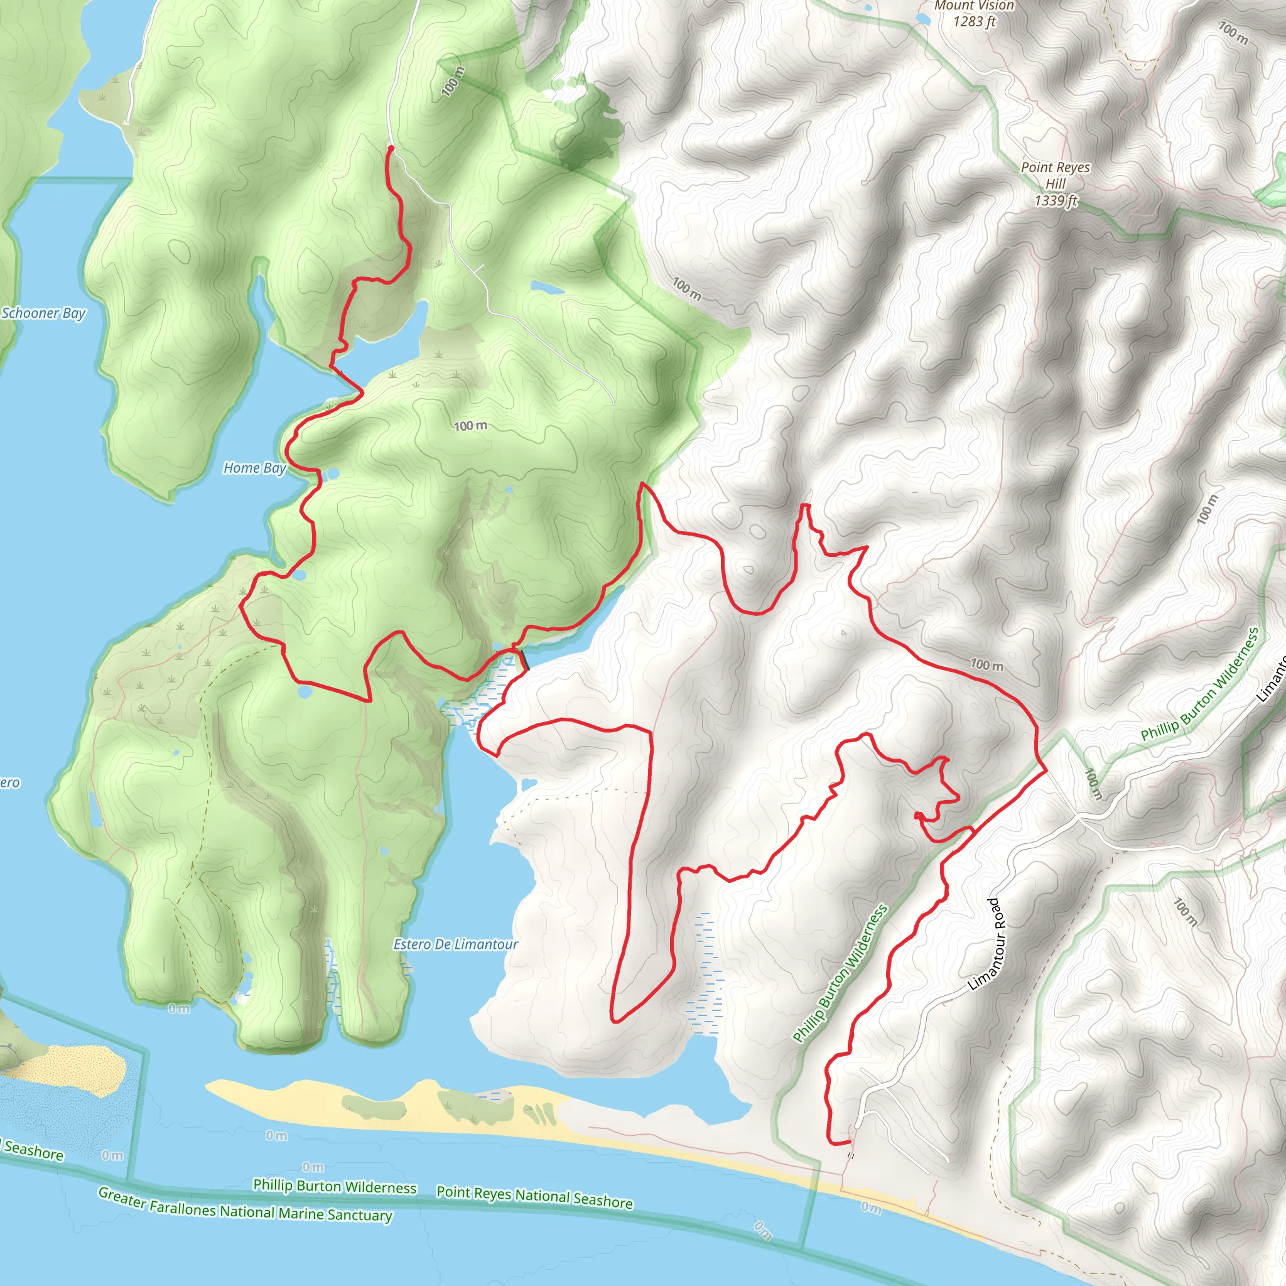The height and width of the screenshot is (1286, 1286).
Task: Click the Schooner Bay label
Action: [43, 313]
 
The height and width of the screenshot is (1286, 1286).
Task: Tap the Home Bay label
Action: [254, 468]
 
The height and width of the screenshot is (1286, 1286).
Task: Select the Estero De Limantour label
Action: [455, 944]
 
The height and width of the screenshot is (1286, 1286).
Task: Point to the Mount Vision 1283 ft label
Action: [974, 14]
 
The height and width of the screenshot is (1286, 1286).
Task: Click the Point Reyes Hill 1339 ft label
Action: [1056, 184]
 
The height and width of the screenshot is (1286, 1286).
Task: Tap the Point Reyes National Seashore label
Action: [534, 1197]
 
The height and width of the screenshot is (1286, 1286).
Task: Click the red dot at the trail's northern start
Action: [391, 148]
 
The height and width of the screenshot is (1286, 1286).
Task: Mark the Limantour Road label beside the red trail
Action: [993, 944]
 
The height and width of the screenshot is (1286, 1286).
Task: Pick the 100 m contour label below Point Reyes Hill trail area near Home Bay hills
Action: [470, 426]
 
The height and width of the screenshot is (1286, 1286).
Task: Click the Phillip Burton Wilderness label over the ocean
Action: [334, 1186]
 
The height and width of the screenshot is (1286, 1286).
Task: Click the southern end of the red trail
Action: [850, 1142]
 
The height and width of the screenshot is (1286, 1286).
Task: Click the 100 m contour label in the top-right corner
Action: [1233, 32]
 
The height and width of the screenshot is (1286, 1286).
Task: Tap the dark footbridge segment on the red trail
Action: [524, 661]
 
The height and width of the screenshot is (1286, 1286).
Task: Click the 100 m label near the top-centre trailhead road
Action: [453, 81]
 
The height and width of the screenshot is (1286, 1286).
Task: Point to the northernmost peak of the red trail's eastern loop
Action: [805, 506]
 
